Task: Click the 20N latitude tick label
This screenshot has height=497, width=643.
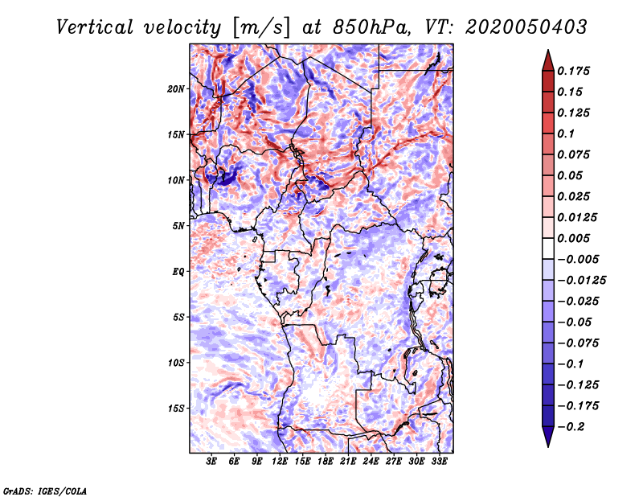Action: (x=176, y=89)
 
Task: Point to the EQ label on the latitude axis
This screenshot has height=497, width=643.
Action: (x=178, y=272)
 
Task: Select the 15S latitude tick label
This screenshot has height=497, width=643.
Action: (x=176, y=409)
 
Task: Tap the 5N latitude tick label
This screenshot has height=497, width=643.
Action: (x=178, y=226)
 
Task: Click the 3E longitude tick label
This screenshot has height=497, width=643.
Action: (x=211, y=462)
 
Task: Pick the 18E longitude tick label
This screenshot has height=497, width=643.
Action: (x=326, y=462)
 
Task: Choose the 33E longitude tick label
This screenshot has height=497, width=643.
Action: (x=439, y=462)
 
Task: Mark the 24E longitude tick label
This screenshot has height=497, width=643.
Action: (x=371, y=462)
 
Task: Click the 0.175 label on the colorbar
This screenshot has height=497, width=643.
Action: (x=574, y=72)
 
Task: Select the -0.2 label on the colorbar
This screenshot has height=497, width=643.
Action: (x=571, y=427)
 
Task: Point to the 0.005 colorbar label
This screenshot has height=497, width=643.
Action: (x=574, y=238)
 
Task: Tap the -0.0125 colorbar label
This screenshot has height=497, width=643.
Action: (x=581, y=281)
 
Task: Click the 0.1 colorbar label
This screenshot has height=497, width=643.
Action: (x=566, y=133)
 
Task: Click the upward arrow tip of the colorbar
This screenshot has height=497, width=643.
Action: (x=548, y=50)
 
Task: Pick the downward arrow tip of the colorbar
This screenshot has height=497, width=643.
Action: (x=548, y=446)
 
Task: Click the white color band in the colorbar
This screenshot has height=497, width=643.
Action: (x=548, y=249)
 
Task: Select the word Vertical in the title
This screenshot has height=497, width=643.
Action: (x=95, y=27)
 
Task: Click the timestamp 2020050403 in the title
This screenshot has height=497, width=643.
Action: (x=526, y=27)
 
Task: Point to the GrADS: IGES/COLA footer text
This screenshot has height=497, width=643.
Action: (x=45, y=491)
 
